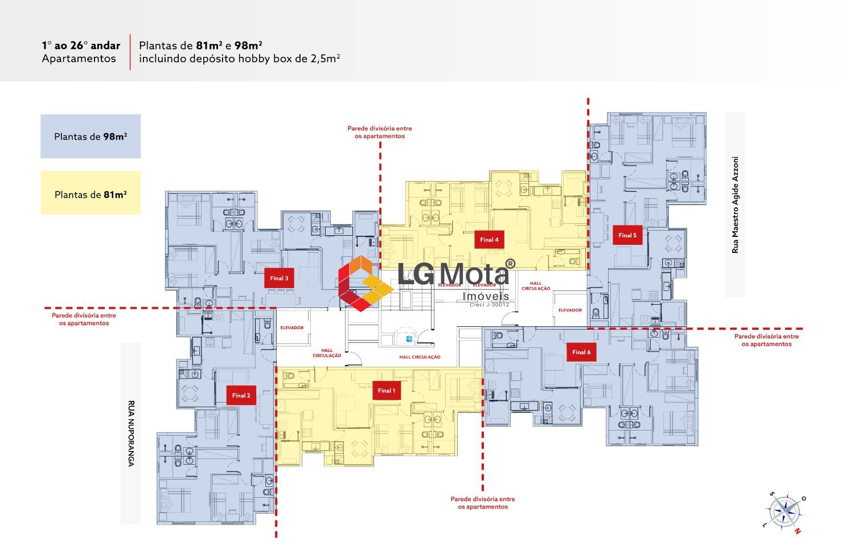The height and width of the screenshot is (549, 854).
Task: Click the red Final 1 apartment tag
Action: (x=385, y=391)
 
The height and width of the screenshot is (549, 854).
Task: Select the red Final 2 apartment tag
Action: (x=241, y=395)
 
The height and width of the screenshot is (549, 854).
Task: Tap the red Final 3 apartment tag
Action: (x=279, y=278)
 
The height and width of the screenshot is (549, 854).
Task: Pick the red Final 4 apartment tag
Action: (x=489, y=240)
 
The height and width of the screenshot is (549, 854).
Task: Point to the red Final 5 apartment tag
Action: (x=627, y=235)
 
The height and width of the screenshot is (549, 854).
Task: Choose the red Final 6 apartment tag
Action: (x=581, y=352)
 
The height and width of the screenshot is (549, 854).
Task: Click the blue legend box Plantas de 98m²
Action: (x=91, y=137)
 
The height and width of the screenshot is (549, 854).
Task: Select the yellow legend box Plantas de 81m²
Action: (x=91, y=194)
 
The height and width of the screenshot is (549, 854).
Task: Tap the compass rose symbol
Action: (x=786, y=511)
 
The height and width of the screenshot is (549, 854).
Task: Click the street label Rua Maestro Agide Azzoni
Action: (x=735, y=204)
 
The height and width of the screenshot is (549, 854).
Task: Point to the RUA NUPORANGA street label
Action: (x=130, y=433)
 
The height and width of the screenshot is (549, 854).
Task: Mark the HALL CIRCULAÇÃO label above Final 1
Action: (x=420, y=357)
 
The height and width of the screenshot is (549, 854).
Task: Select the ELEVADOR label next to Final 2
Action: (x=292, y=328)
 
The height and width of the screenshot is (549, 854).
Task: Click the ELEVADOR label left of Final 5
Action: (x=570, y=310)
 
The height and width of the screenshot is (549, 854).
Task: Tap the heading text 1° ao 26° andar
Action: (x=81, y=46)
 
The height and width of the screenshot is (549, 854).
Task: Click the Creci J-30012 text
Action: (x=489, y=305)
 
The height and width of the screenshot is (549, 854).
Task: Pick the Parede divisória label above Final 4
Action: (x=380, y=132)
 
